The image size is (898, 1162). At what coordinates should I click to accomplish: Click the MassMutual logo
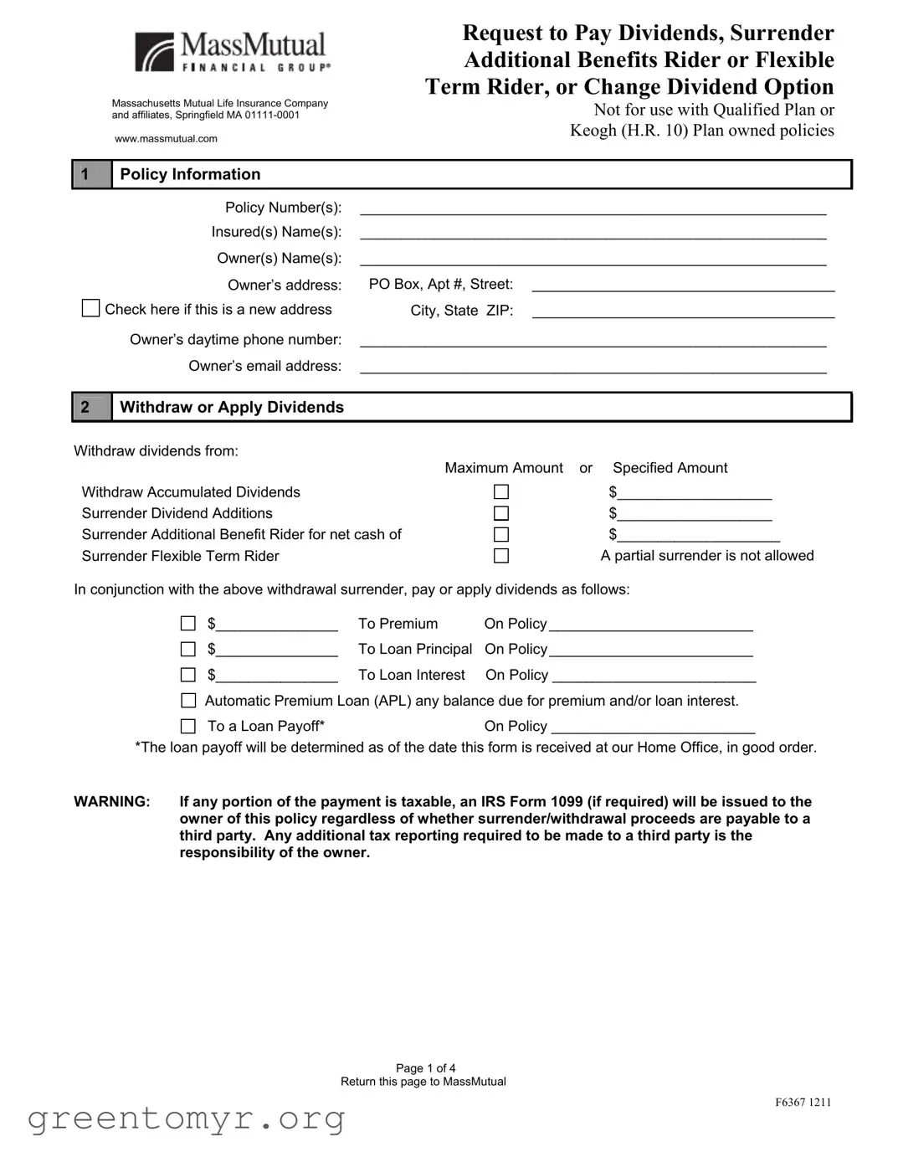coord(230,52)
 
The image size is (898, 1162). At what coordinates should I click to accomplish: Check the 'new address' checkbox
coord(90,309)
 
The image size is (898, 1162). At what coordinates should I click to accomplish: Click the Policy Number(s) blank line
coord(593,208)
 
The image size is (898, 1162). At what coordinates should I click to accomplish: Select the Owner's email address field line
coord(593,367)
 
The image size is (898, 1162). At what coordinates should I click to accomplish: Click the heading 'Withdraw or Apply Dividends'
coord(232,407)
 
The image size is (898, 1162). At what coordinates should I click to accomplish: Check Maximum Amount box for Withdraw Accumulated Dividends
coord(501,491)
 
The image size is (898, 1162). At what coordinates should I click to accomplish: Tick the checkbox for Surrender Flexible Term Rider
coord(501,556)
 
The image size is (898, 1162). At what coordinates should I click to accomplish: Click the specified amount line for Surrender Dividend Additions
coord(694,514)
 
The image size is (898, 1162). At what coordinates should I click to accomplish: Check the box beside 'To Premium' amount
coord(188,624)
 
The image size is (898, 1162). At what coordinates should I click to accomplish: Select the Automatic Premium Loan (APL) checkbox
coord(188,701)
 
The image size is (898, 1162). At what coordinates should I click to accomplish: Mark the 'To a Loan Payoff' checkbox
coord(188,726)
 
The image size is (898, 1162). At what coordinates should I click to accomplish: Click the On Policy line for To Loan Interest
coord(654,676)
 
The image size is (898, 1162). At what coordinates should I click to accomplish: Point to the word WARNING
coord(112,801)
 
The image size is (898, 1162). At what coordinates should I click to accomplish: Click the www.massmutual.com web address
coord(166,139)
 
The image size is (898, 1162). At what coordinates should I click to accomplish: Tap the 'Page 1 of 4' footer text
coord(425,1067)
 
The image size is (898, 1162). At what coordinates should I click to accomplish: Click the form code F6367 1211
coord(803,1102)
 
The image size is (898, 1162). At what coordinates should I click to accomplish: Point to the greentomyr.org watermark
coord(186,1118)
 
